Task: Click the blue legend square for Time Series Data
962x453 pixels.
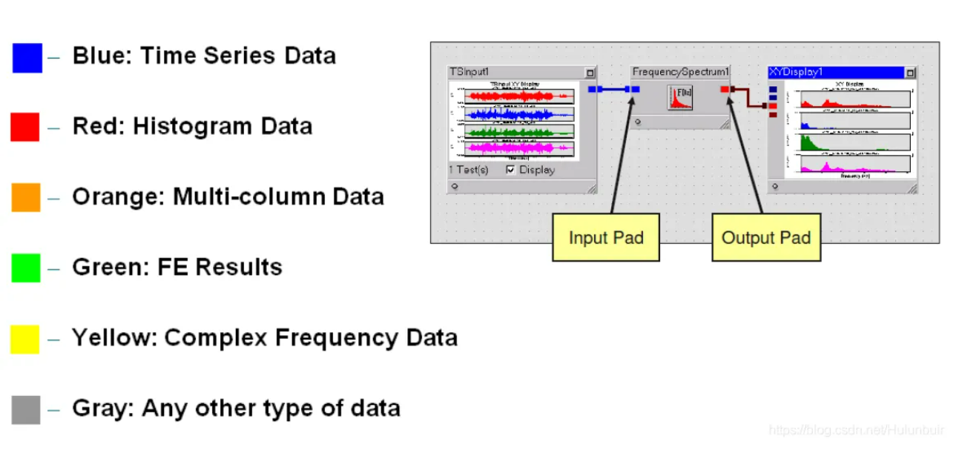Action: click(x=27, y=58)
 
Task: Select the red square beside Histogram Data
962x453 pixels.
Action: click(x=24, y=127)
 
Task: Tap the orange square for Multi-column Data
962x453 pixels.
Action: click(x=26, y=197)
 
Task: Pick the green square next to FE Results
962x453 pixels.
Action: click(x=26, y=268)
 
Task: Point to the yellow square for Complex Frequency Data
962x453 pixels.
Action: click(x=24, y=339)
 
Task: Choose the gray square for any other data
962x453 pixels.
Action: click(x=26, y=409)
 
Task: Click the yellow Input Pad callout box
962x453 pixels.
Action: click(x=605, y=237)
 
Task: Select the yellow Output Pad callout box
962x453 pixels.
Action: click(x=765, y=237)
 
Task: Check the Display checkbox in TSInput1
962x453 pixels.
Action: click(x=511, y=170)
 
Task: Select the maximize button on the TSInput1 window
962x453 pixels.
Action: click(x=590, y=73)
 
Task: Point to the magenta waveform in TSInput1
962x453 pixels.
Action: click(x=518, y=148)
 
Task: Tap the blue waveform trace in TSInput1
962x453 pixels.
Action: click(x=518, y=114)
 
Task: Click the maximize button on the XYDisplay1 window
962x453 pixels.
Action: click(x=910, y=73)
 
